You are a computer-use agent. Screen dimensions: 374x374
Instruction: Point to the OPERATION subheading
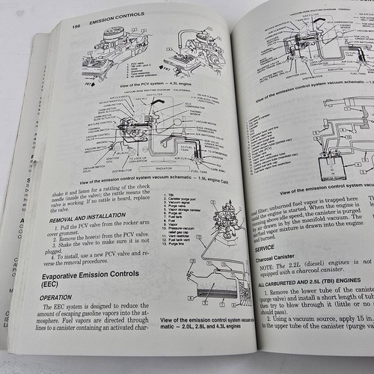click(x=78, y=298)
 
